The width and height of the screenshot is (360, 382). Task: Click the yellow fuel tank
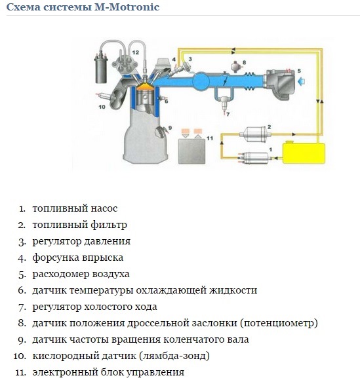point(304,153)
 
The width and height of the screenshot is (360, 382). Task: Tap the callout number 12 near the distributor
point(136,52)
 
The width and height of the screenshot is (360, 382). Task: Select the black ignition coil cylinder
point(101,69)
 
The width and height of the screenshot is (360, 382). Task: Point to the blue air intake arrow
point(301,81)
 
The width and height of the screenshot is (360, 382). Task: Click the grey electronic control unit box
point(191,151)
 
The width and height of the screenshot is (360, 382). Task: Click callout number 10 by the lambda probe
point(102,107)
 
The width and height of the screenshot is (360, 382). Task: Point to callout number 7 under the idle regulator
point(228,114)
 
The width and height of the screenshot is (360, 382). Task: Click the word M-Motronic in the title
point(127,7)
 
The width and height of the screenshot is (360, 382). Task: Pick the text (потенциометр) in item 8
point(279,323)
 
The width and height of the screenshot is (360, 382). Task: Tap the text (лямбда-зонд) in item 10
point(174,356)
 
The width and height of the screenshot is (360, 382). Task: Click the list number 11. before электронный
point(21,373)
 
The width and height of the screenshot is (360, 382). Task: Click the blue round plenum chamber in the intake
point(201,81)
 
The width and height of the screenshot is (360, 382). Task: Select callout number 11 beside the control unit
point(210,138)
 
